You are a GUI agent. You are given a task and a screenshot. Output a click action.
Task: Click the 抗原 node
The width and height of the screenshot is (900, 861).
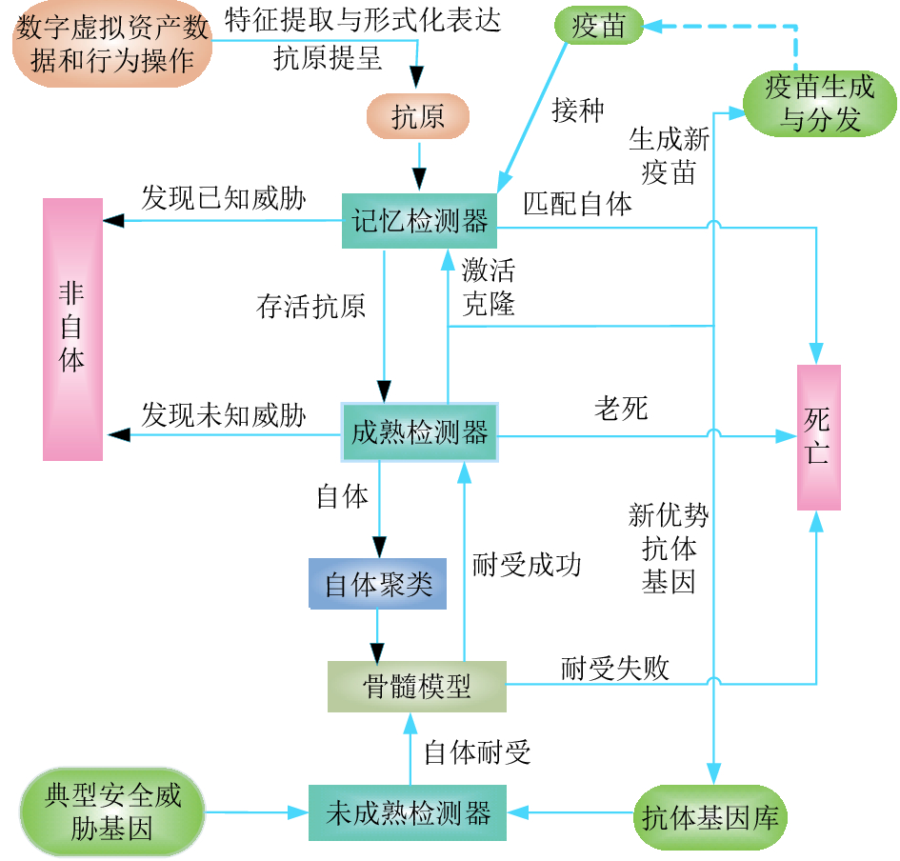[418, 116]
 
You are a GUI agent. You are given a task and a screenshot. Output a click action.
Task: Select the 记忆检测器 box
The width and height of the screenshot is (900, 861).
[420, 221]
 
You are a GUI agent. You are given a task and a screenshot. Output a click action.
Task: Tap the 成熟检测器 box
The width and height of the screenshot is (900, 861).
[420, 433]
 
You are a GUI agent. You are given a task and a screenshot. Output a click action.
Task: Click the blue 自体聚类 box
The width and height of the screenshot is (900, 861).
[378, 584]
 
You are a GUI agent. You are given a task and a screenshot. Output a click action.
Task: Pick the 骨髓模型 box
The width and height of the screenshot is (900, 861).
[417, 686]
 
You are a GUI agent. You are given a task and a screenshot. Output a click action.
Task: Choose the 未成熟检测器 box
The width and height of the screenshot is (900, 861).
[408, 812]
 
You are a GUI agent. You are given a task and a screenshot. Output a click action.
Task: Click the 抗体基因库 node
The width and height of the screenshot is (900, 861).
[710, 816]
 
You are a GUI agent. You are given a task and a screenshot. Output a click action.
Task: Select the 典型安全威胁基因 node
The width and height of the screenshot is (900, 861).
[112, 811]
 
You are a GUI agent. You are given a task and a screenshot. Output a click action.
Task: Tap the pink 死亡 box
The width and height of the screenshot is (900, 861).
[818, 437]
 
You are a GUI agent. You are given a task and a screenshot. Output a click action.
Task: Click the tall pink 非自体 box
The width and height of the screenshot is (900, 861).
[72, 329]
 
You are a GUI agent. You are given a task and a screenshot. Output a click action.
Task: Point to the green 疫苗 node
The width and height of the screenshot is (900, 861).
[599, 26]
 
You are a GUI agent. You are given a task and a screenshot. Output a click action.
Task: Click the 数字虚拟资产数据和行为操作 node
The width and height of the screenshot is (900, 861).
[112, 45]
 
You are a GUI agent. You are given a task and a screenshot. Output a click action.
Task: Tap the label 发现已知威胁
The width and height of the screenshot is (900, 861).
[224, 198]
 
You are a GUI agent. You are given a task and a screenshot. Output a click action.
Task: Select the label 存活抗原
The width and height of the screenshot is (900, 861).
[310, 307]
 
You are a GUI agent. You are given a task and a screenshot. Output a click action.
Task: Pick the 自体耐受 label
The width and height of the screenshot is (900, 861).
[477, 752]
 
